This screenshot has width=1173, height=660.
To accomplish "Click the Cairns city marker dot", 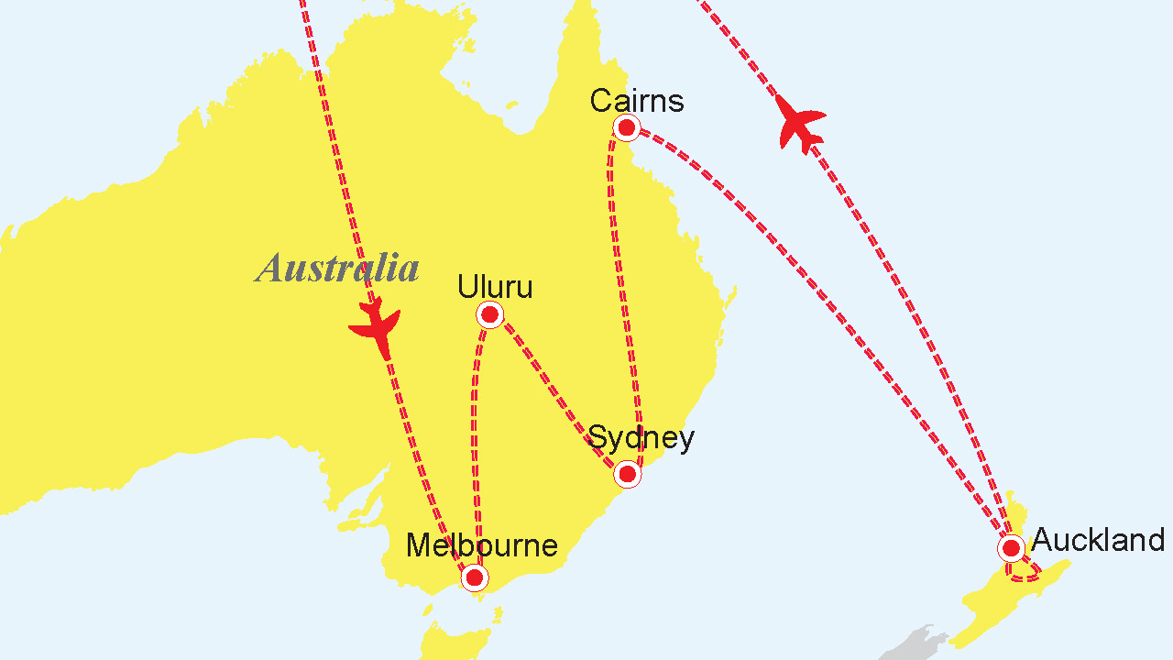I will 627,127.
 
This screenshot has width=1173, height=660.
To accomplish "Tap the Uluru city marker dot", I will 490,315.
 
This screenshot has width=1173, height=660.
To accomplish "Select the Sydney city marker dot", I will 627,474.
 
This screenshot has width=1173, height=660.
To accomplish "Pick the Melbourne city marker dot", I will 474,577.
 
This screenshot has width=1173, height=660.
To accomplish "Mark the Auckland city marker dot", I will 1011,548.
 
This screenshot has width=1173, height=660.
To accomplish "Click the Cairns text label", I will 637,100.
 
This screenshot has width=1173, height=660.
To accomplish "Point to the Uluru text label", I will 495,287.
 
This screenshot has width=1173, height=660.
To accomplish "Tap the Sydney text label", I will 641,438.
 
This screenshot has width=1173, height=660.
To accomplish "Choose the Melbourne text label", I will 482,545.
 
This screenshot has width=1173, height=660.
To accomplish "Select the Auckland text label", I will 1098,540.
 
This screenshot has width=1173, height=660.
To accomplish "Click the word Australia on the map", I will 337,268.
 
